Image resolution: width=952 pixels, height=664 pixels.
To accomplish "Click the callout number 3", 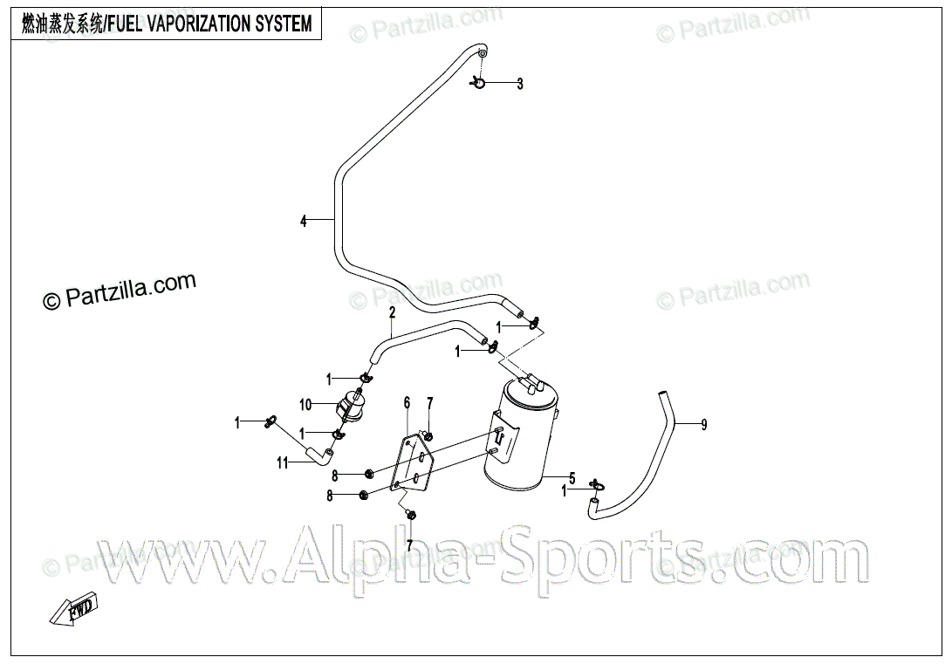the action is point(520,85).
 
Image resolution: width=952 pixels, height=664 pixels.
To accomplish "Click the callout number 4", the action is point(304,222).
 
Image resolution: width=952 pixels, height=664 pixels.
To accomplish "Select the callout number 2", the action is point(393,312).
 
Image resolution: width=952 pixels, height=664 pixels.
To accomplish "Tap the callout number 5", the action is point(572,478).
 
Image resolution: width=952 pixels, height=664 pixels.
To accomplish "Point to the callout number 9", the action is point(703,425).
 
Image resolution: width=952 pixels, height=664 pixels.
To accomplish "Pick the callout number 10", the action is point(305,405).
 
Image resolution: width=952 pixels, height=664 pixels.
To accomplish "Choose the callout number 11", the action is point(283,463).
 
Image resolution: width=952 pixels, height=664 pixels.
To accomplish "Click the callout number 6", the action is point(407,402).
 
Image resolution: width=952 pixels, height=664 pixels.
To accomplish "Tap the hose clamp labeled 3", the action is point(478,83).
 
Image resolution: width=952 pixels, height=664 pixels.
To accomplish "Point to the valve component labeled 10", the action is point(348,407).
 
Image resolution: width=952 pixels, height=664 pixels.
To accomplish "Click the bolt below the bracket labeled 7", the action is point(412,515).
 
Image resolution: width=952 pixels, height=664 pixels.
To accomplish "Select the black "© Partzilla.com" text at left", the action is point(120,291).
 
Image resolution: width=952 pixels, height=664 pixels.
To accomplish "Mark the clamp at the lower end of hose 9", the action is point(595,486).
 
